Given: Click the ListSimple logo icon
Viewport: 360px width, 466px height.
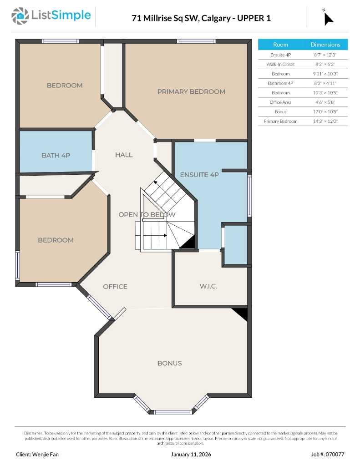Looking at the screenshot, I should point(20,16).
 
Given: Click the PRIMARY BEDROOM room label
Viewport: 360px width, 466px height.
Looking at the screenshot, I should point(191,91).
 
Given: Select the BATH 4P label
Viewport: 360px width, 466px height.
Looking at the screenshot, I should point(56,155).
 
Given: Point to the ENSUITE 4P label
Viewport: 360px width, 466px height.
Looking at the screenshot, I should point(200,175).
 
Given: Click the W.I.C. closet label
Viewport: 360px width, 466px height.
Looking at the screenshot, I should point(208,286).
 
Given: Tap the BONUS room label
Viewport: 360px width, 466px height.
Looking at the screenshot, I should point(169,363).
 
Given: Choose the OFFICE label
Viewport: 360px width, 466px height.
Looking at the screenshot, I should point(115,286).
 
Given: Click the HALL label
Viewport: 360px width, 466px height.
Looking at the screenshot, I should point(124,155).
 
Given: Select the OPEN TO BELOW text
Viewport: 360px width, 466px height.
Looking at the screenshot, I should point(147,214).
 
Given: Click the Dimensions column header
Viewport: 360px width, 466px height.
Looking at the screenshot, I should point(325,45).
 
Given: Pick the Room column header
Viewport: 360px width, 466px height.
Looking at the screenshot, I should point(280,45).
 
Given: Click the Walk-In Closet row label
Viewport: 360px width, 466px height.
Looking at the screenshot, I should point(280,64).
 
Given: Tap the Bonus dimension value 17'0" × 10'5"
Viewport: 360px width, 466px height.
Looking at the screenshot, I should point(325,111).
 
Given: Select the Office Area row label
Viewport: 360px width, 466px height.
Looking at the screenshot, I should point(280,102).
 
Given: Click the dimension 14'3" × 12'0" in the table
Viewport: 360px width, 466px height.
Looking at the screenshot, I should point(325,121).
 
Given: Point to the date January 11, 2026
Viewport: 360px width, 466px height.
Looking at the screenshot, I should point(191,454).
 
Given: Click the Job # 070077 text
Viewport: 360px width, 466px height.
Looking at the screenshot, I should point(328,454).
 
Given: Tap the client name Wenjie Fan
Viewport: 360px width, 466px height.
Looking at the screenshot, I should point(37,454).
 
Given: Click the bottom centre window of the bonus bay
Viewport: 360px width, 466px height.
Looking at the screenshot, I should point(173,412).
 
